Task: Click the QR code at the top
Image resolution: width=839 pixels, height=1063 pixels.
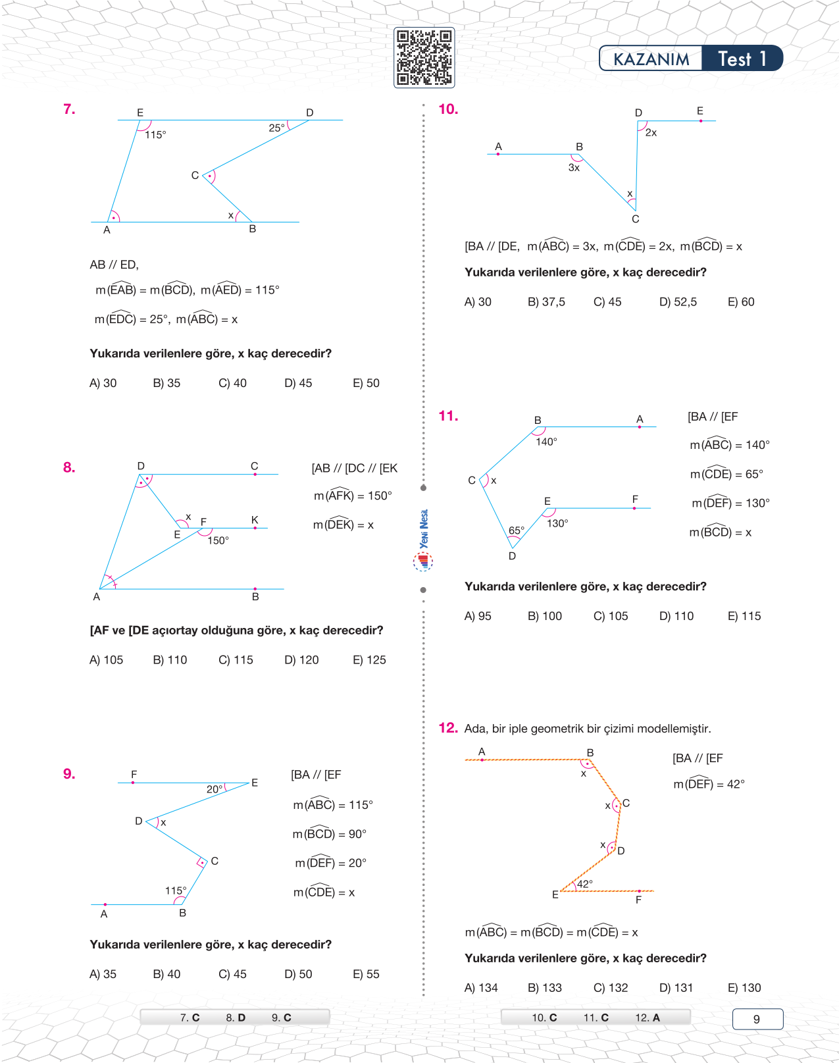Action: tap(424, 57)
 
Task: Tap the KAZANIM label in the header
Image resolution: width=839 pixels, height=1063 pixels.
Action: tap(651, 59)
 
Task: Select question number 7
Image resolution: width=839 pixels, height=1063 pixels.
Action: tap(69, 109)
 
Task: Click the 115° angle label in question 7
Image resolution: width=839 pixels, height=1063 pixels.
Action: tap(155, 135)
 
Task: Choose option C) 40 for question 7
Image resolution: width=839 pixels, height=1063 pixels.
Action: tap(232, 383)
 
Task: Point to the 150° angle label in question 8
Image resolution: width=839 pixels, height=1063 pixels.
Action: tap(218, 540)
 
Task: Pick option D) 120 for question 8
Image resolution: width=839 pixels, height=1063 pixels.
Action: tap(301, 660)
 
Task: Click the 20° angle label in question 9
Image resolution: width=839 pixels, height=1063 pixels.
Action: tap(215, 789)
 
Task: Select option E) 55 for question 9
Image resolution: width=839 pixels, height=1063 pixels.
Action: tap(366, 974)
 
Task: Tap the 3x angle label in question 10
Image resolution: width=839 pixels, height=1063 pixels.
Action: tap(574, 168)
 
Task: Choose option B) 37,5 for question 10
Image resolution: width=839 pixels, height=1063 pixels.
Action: tap(546, 302)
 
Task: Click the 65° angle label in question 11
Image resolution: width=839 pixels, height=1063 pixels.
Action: tap(517, 531)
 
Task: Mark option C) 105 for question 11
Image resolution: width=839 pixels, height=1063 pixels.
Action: tap(611, 616)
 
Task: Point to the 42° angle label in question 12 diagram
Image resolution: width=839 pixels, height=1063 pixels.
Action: tap(585, 884)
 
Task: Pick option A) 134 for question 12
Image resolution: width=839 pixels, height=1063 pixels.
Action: tap(481, 988)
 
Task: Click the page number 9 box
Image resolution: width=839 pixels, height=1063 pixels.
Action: tap(757, 1019)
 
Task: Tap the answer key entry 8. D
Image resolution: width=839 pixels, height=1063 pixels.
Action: tap(236, 1018)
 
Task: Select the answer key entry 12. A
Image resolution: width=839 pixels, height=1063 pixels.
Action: tap(648, 1018)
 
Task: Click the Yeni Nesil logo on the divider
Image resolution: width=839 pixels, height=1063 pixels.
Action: tap(423, 540)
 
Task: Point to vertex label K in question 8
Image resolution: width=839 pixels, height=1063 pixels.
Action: tap(255, 520)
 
